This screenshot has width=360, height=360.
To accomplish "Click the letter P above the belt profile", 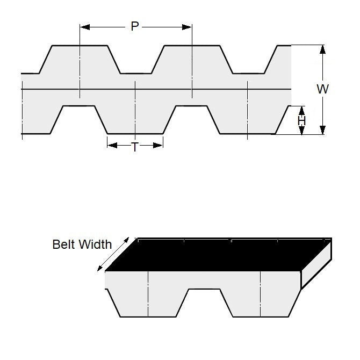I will (x=135, y=26).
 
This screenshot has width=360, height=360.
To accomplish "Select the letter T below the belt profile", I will (x=135, y=146).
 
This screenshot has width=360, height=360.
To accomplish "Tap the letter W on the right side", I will (x=322, y=89).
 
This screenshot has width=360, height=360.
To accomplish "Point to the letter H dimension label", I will (x=301, y=121).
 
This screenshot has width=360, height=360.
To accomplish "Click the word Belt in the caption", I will (x=63, y=244).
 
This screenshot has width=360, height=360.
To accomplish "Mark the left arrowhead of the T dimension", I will (x=111, y=145).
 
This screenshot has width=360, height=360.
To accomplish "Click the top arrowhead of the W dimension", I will (x=322, y=49).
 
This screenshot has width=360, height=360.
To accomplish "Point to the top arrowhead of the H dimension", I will (x=301, y=110).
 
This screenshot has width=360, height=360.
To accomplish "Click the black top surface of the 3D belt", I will (x=215, y=255).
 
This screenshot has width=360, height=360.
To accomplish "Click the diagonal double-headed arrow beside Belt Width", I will (x=113, y=254).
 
